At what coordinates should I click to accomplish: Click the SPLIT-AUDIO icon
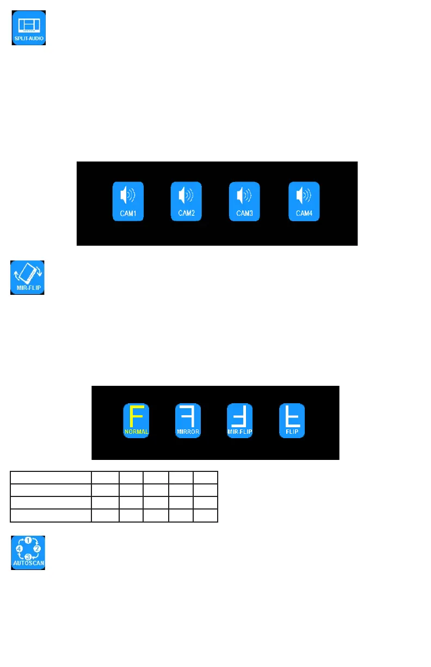29,28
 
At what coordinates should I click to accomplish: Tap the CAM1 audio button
128,201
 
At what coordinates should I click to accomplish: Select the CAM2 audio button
186,201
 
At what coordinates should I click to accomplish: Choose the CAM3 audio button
244,201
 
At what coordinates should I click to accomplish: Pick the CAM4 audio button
304,201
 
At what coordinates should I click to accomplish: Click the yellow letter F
136,416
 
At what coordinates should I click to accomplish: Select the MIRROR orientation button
188,421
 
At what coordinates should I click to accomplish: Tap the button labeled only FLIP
293,421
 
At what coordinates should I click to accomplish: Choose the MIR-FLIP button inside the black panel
240,421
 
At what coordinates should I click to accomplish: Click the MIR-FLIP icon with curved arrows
27,277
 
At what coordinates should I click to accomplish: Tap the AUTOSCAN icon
28,553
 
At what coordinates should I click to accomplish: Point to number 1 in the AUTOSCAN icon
28,541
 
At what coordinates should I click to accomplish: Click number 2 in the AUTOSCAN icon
38,548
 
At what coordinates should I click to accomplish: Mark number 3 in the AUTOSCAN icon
28,556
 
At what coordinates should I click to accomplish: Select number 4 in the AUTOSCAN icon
19,548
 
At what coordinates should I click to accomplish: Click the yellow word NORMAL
136,431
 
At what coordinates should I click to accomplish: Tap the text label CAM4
304,213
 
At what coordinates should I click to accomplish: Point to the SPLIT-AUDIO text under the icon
29,39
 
